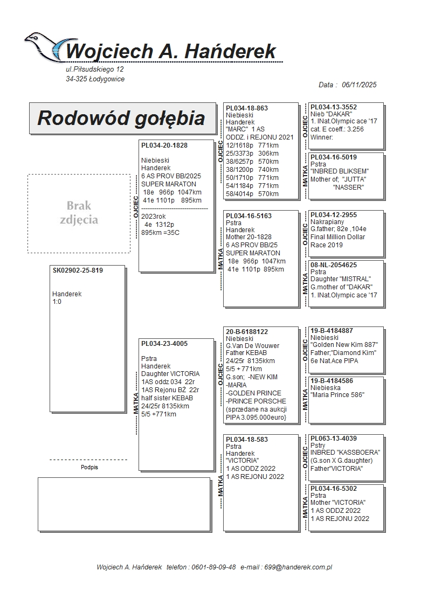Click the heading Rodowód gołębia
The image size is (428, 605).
(x=121, y=118)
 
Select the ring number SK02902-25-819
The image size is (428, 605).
(x=78, y=270)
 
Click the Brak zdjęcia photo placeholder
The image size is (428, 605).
(x=79, y=213)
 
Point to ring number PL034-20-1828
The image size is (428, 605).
(x=164, y=145)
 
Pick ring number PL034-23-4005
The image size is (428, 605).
(x=164, y=343)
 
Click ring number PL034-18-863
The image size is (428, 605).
(x=247, y=108)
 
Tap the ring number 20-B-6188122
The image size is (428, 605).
(x=247, y=332)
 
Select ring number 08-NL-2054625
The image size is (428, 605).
(x=334, y=265)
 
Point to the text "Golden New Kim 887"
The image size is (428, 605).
(x=344, y=345)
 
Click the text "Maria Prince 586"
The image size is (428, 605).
(x=337, y=395)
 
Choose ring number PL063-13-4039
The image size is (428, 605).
(x=334, y=439)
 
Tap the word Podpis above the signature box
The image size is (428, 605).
(x=89, y=467)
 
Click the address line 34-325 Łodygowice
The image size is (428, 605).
(x=95, y=79)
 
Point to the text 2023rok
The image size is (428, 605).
(x=154, y=216)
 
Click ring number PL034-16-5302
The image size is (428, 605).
(x=334, y=489)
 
